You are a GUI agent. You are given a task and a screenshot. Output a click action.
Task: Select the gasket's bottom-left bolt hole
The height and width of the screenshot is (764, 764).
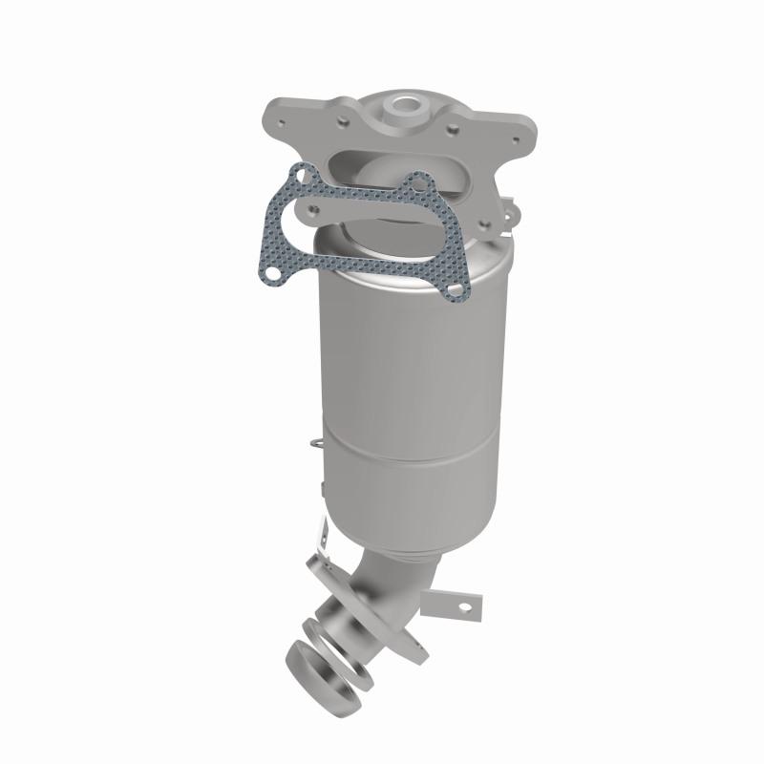[x=273, y=275]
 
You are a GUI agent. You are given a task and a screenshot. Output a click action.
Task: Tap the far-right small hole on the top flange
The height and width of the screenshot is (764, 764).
[x=516, y=140]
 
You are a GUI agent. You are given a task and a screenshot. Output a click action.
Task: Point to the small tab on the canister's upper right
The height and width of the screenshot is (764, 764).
[x=511, y=206]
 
